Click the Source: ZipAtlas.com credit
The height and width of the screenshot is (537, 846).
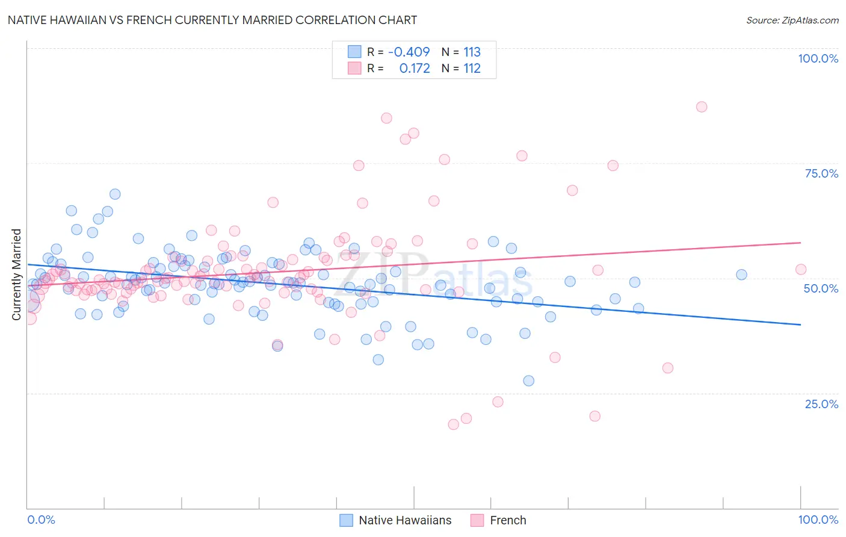pos(792,20)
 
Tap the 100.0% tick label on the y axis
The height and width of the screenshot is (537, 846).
pos(818,58)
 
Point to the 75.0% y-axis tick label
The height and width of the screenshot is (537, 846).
pos(821,173)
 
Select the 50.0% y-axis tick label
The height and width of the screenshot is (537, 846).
pos(821,288)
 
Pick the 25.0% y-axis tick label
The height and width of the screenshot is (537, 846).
pos(821,404)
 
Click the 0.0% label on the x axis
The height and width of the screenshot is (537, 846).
pos(41,520)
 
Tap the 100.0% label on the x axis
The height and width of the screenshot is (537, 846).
pos(818,520)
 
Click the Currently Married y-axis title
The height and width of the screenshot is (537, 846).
pos(16,275)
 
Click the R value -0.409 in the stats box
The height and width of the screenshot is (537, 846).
pos(409,52)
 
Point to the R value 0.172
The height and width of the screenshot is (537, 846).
pos(415,69)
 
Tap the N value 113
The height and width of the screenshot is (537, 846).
pos(472,52)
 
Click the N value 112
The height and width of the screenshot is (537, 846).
pos(472,69)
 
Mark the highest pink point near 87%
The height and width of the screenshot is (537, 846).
pos(701,107)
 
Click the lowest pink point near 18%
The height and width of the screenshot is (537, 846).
pos(453,424)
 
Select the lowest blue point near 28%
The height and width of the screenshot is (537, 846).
pos(528,380)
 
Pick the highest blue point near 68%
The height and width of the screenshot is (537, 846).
pos(115,194)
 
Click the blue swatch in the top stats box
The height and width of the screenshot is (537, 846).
pos(354,52)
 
